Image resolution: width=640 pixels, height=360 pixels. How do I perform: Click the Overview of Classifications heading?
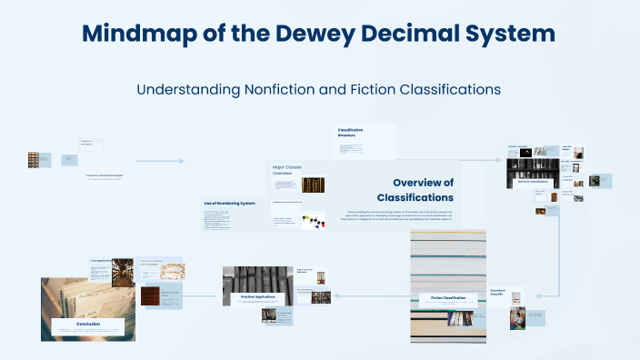point(415,190)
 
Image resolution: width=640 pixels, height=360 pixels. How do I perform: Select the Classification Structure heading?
point(350,133)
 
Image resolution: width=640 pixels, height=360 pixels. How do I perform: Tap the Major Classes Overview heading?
point(285,170)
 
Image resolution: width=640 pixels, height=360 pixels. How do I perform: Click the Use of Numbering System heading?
point(224,203)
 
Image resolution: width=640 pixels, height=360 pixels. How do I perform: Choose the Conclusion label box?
point(88,325)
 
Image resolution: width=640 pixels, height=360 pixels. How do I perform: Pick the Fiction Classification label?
point(447,297)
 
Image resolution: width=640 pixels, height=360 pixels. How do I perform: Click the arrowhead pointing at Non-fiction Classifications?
point(498,160)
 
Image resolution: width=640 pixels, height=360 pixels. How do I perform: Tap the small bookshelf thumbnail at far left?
point(34,160)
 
